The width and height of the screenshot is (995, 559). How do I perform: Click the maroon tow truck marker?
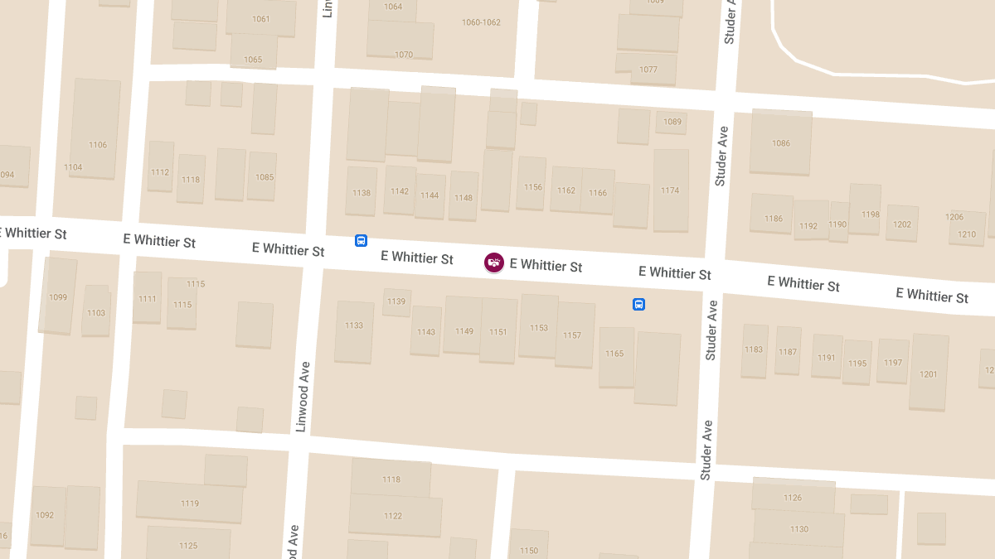[494, 263]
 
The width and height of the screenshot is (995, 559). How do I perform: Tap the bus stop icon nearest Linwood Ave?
[361, 240]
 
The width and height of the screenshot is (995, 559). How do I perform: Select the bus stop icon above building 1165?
[638, 304]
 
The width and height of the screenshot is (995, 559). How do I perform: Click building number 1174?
[670, 190]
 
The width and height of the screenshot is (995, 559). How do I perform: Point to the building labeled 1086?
[781, 143]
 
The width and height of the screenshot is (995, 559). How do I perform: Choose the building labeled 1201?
[929, 374]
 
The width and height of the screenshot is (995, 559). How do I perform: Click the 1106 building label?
[98, 145]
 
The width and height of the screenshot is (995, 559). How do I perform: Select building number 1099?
[58, 297]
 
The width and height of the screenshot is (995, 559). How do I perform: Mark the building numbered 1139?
[396, 301]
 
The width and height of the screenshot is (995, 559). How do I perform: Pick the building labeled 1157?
[572, 335]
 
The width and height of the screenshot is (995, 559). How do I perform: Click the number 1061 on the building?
[261, 19]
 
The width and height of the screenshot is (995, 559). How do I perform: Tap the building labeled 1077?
[648, 70]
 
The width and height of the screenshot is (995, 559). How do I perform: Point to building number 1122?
[393, 516]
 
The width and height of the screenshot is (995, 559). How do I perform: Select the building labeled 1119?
[190, 504]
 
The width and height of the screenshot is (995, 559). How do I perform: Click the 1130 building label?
[799, 529]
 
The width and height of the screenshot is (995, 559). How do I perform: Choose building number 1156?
[533, 187]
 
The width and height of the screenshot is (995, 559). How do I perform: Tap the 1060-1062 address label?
[481, 22]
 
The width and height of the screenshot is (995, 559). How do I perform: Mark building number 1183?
[754, 350]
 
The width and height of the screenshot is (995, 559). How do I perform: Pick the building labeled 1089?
[672, 122]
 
